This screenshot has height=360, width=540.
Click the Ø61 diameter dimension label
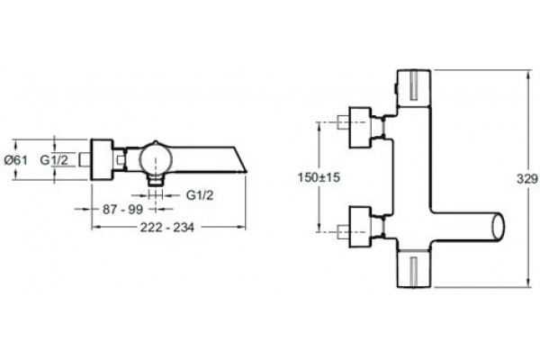[16, 160]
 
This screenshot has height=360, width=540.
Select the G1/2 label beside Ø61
[54, 160]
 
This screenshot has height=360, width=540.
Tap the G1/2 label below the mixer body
[200, 195]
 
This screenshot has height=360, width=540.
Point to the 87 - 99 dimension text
[122, 209]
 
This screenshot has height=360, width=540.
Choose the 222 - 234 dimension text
[167, 228]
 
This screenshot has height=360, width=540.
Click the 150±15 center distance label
[319, 177]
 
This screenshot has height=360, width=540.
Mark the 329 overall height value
[526, 178]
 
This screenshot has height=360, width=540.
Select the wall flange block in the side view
[102, 159]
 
